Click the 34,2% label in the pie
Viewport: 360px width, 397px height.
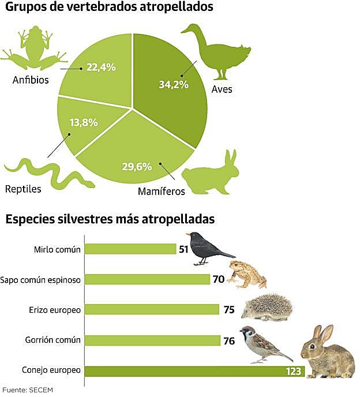click(172, 84)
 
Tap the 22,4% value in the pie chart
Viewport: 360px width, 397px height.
click(100, 68)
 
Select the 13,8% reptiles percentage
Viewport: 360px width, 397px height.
click(84, 122)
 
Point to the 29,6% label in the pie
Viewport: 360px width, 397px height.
click(137, 167)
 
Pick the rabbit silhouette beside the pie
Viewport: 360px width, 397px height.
click(211, 173)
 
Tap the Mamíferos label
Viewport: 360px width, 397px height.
click(161, 190)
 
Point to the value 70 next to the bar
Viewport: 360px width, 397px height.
click(218, 279)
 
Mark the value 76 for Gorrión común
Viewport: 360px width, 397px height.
click(229, 340)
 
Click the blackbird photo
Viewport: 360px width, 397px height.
click(208, 248)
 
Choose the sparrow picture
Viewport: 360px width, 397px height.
click(263, 344)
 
